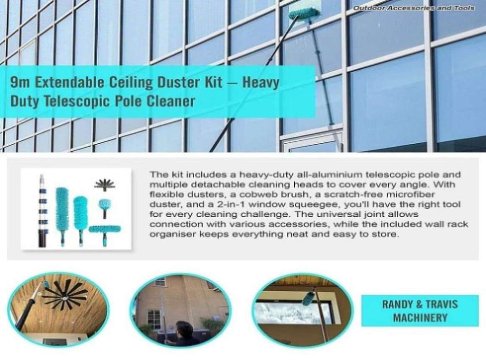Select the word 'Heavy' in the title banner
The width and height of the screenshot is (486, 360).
point(261,83)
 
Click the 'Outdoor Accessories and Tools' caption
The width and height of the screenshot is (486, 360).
point(414,8)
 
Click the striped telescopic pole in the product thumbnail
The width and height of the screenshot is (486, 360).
point(42,211)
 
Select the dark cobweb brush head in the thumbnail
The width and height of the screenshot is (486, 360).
point(104,185)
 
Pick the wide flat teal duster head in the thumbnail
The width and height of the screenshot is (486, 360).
point(104,230)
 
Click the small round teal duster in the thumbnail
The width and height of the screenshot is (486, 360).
point(104,204)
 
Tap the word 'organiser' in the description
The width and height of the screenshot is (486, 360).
point(172,234)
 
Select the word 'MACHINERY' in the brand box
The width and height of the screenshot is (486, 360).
point(420,318)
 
